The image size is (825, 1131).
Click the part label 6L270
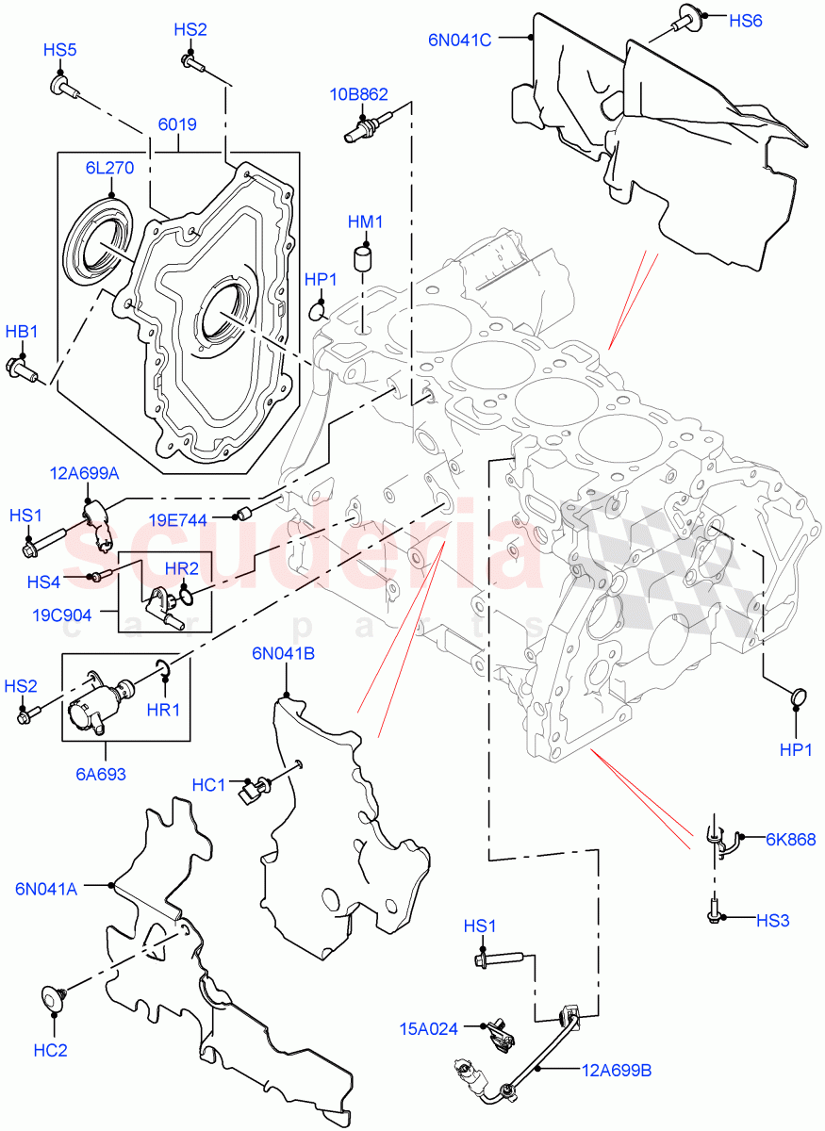(x=109, y=168)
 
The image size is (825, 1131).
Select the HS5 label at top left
(x=59, y=50)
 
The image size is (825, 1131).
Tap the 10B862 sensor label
(x=358, y=94)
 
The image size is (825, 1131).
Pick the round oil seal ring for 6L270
(x=97, y=242)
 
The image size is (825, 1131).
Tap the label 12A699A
(x=85, y=472)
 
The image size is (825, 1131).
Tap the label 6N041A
(x=46, y=887)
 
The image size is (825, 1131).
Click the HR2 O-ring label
(x=182, y=568)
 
